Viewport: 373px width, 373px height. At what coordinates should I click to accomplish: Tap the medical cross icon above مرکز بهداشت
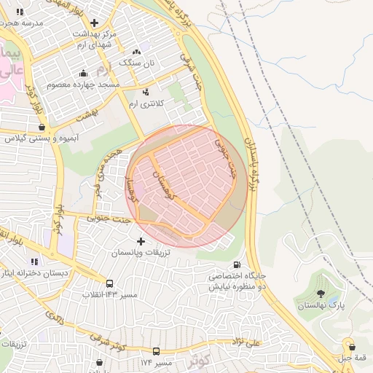pyautogui.click(x=95, y=23)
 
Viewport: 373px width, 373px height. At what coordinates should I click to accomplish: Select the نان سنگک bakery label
pyautogui.click(x=138, y=63)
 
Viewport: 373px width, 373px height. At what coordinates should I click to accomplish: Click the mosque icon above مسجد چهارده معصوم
pyautogui.click(x=83, y=73)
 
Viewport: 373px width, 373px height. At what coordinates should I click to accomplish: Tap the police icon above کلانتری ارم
pyautogui.click(x=146, y=93)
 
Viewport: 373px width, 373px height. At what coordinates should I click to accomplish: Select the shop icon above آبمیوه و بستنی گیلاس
pyautogui.click(x=42, y=127)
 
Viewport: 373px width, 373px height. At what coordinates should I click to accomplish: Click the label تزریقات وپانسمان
pyautogui.click(x=140, y=253)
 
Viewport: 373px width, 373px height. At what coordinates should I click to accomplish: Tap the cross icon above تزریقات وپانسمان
pyautogui.click(x=141, y=241)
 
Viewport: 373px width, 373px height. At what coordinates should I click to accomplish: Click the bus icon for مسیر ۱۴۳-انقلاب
pyautogui.click(x=109, y=283)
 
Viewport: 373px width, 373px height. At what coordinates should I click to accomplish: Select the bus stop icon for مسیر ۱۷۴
pyautogui.click(x=156, y=352)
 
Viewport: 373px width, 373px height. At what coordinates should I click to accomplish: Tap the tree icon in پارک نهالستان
pyautogui.click(x=321, y=294)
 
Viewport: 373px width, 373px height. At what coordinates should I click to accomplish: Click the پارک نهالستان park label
pyautogui.click(x=321, y=306)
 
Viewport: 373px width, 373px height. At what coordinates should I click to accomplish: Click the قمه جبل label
pyautogui.click(x=353, y=358)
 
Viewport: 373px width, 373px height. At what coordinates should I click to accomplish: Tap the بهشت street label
pyautogui.click(x=90, y=117)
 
